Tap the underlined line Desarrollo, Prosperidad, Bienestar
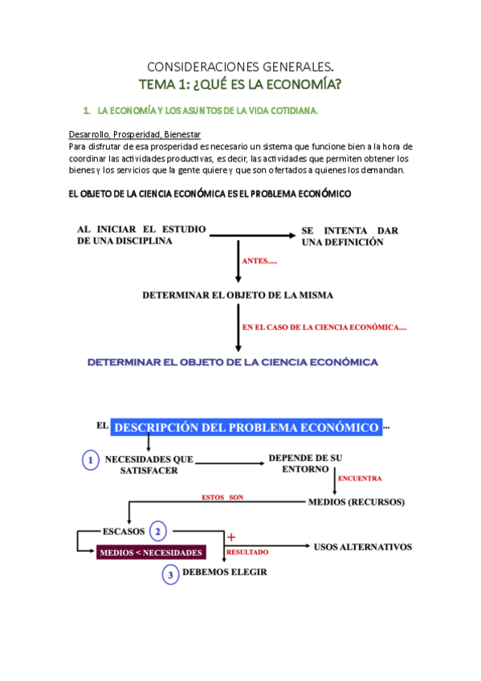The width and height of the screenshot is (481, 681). [135, 134]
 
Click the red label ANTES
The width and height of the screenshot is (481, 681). [259, 260]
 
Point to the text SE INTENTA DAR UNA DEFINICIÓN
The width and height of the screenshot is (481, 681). [349, 236]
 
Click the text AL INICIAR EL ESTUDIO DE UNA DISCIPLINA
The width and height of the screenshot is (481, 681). [141, 236]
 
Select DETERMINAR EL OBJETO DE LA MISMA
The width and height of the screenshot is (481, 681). [238, 295]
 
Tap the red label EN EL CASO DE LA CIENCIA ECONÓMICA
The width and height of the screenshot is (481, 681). [324, 327]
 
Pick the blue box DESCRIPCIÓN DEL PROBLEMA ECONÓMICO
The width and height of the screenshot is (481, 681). [247, 427]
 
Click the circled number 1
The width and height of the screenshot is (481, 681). [92, 460]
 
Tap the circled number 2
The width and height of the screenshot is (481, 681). [159, 531]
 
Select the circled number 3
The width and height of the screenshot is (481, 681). [169, 573]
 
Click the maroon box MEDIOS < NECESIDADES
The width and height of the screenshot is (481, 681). [151, 553]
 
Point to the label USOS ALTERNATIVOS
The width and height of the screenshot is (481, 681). [362, 547]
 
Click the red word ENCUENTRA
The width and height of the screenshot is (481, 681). [359, 479]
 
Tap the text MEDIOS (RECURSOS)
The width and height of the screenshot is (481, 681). [357, 503]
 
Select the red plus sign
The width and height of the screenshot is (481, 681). [231, 536]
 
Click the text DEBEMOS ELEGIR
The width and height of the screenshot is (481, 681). [225, 573]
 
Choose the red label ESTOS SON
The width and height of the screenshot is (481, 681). [222, 498]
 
